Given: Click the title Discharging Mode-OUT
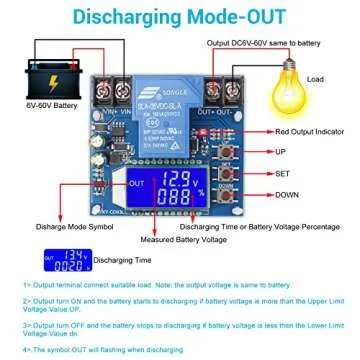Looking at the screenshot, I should pos(180,17).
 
